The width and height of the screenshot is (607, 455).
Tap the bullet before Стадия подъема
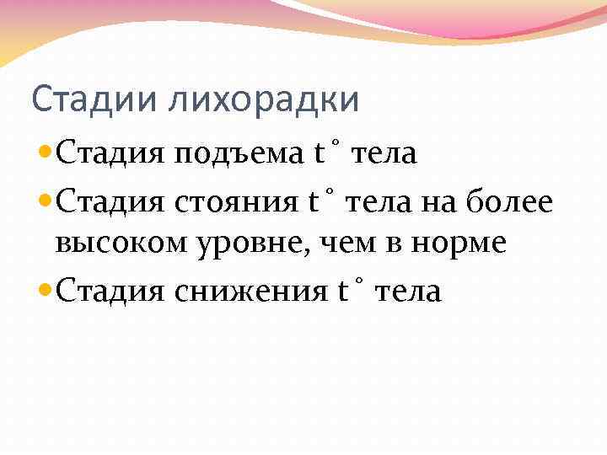46,154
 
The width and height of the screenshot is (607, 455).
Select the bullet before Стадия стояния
46,201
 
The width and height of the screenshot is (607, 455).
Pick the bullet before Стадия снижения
46,291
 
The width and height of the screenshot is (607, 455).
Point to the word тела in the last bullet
407,292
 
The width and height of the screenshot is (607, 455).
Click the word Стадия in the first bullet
110,156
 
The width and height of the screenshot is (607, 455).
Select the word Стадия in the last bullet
110,292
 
